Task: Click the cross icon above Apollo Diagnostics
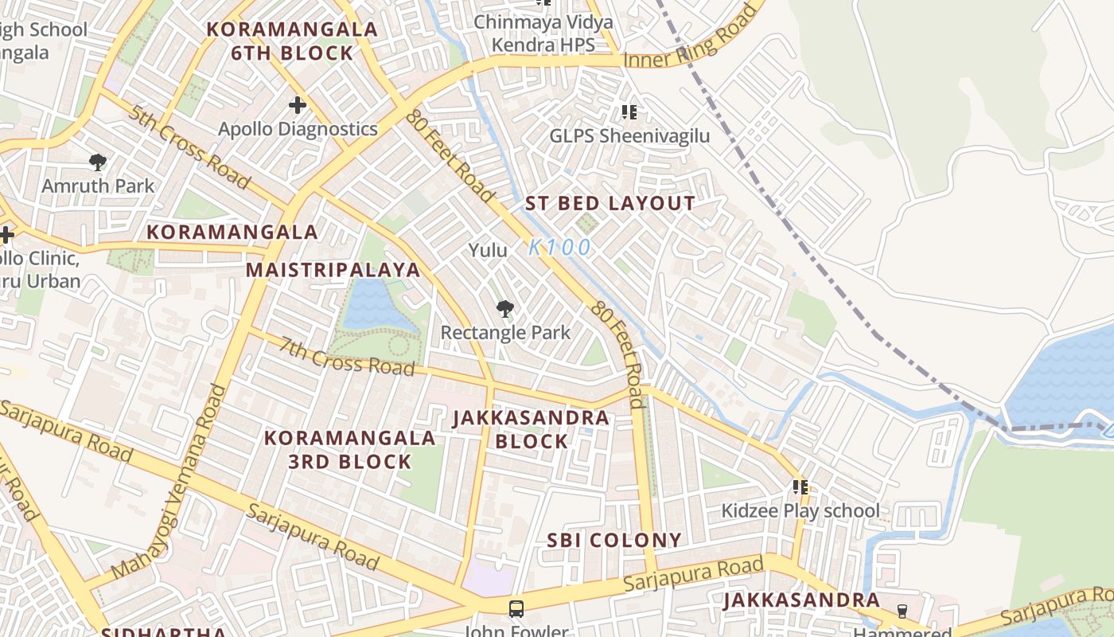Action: point(297,105)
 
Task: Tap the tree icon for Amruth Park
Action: point(98,163)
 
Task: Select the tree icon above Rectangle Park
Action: point(504,309)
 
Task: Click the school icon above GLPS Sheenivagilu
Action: point(629,112)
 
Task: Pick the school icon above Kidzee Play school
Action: point(800,487)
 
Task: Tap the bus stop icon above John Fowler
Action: point(516,609)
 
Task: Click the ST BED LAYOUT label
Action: point(610,204)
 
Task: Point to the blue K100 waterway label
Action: point(560,248)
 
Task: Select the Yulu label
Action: point(488,250)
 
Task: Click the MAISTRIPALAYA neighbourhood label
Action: point(333,270)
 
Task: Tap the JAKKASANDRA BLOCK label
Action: point(531,429)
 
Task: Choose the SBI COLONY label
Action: point(613,541)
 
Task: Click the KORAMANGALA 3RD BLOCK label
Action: point(350,450)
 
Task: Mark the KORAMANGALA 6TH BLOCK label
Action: point(292,41)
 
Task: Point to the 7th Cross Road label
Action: point(347,356)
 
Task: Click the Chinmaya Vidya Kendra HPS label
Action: point(544,33)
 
